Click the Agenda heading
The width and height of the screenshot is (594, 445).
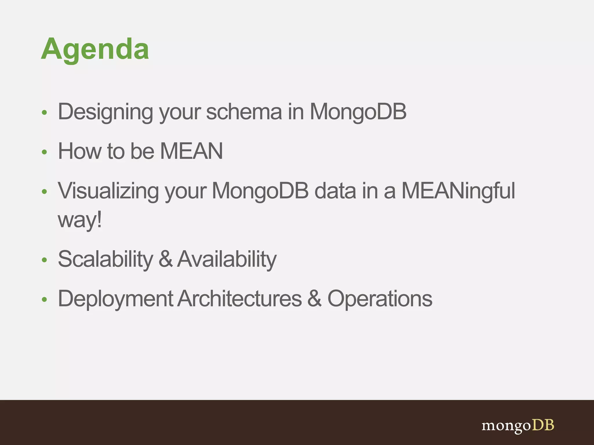95,49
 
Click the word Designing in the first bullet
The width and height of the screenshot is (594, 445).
105,112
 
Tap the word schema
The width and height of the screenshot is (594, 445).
244,112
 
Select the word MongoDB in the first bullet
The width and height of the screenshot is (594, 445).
358,112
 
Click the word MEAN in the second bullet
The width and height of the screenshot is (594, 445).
191,151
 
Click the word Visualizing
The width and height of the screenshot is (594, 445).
108,191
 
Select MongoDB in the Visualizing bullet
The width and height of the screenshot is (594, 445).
260,191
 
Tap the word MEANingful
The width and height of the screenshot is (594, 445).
458,191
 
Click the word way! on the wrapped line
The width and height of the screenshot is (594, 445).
80,220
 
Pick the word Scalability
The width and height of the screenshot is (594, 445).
105,259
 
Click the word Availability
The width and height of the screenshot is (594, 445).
227,259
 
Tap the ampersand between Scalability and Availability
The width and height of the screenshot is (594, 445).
166,259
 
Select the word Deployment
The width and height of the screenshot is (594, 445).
115,299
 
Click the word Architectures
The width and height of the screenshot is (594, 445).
240,299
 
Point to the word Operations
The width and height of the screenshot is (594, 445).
380,299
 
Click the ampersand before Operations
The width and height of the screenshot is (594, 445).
314,299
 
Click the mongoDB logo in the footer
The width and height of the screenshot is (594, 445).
518,426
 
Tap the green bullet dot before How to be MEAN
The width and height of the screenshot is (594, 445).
44,152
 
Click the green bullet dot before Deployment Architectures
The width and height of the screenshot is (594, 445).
44,299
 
